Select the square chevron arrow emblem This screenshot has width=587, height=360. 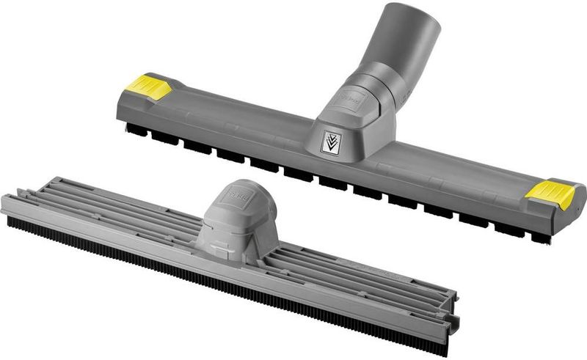pyautogui.click(x=330, y=142)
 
